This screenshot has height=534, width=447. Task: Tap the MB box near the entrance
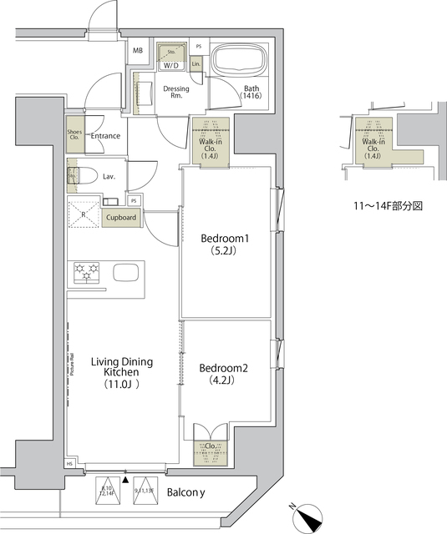pos(137,50)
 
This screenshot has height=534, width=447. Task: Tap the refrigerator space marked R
pos(83,213)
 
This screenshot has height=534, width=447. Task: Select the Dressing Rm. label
pos(176,92)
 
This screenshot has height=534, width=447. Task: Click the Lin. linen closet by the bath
pos(197,63)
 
